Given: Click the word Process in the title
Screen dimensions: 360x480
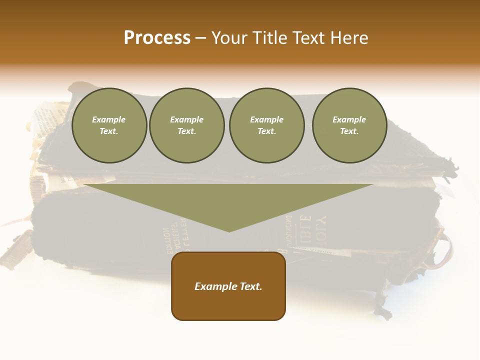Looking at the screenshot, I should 157,38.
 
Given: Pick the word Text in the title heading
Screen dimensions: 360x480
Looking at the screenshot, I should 311,38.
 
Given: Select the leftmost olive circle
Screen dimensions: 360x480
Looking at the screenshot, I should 109,125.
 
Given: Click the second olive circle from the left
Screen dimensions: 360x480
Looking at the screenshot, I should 187,125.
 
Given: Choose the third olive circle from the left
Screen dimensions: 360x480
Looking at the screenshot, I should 267,125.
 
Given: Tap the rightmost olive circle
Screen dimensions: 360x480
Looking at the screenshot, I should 349,125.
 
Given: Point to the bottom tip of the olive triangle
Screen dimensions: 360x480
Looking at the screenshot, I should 229,230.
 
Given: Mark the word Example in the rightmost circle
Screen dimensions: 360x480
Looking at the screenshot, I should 349,119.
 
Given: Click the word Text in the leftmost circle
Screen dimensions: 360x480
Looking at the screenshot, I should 109,131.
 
